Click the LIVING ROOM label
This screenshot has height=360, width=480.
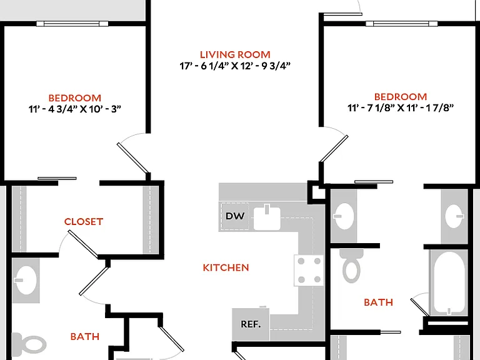[x=235, y=55]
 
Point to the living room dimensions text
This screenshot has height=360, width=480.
[x=235, y=66]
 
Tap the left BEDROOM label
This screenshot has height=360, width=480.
[x=75, y=98]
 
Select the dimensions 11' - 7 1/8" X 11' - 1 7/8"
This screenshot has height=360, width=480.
[x=401, y=107]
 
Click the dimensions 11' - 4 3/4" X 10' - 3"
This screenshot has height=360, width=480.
[x=75, y=109]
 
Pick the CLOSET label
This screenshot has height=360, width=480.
[x=84, y=222]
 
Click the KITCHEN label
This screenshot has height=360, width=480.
[x=226, y=267]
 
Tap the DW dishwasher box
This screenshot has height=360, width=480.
[x=235, y=216]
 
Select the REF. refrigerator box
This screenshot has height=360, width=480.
[x=251, y=324]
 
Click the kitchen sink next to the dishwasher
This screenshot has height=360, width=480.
[x=267, y=217]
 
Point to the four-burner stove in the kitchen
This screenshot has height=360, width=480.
[x=309, y=270]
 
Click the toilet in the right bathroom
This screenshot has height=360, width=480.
[x=351, y=265]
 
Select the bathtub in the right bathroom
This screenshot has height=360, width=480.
[x=449, y=283]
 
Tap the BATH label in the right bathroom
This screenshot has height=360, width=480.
[x=378, y=302]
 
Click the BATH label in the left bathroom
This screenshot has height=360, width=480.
[x=85, y=337]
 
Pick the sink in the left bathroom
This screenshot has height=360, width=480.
[x=26, y=281]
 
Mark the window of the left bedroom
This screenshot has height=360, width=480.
[x=72, y=24]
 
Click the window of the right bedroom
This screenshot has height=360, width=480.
[x=402, y=24]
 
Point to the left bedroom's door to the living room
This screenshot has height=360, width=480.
[x=133, y=158]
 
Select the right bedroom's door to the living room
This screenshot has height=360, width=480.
[x=334, y=149]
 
